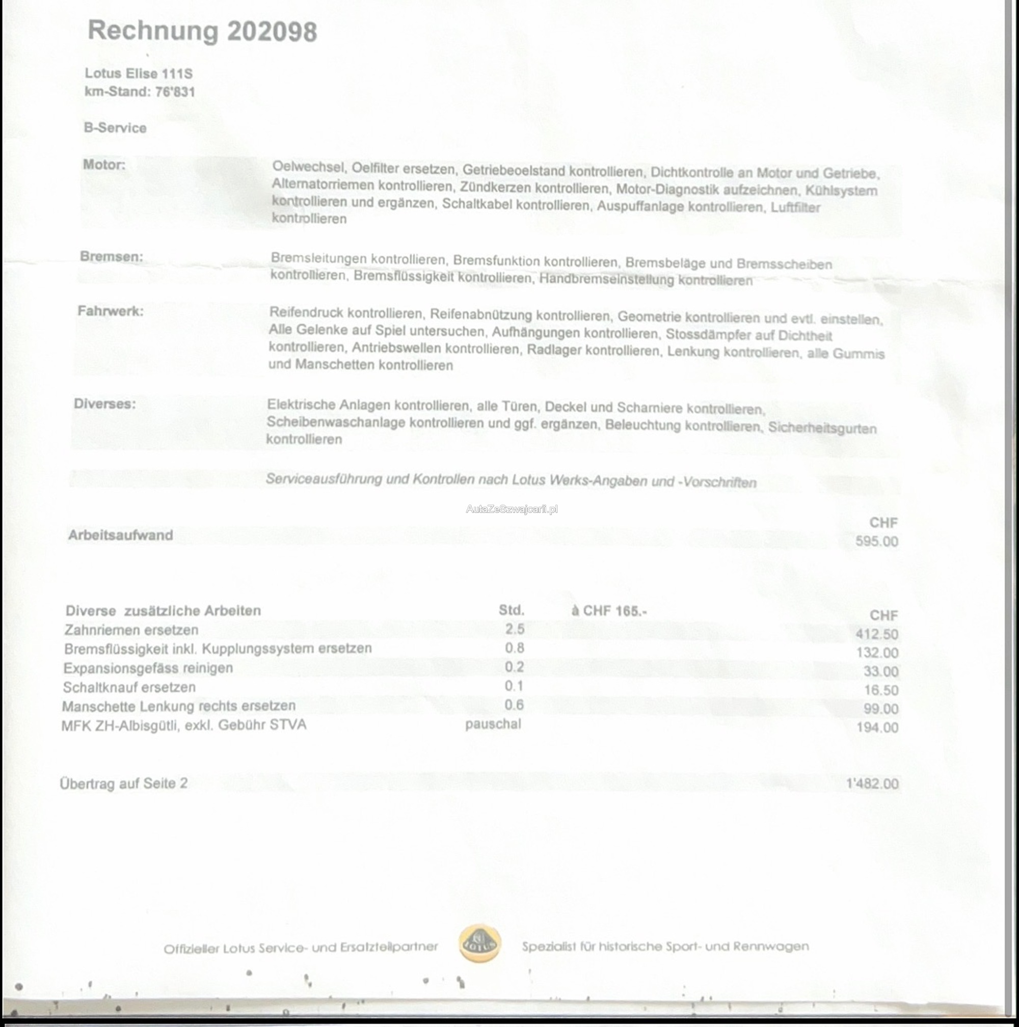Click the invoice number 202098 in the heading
(x=272, y=32)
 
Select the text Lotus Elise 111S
(x=138, y=73)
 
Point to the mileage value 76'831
(x=175, y=92)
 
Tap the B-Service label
(x=115, y=128)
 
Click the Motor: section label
(x=104, y=165)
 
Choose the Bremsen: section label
(x=112, y=257)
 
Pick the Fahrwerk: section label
(x=111, y=311)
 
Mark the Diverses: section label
(x=105, y=404)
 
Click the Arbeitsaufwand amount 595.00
(x=876, y=542)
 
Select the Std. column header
(x=512, y=610)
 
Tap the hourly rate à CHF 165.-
(x=609, y=611)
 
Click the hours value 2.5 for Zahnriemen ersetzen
(x=515, y=629)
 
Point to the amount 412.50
(x=876, y=634)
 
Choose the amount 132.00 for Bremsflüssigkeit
(x=877, y=653)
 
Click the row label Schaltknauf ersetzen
(x=129, y=687)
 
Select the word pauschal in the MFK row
(x=493, y=724)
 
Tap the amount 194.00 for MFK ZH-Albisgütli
(x=877, y=728)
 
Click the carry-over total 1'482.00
(x=872, y=784)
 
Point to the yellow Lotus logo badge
(x=479, y=943)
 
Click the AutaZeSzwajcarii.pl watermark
(x=512, y=509)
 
